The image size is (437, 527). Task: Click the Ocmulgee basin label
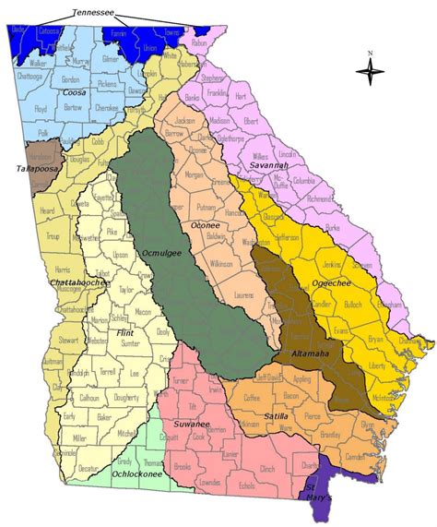coord(160,248)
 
